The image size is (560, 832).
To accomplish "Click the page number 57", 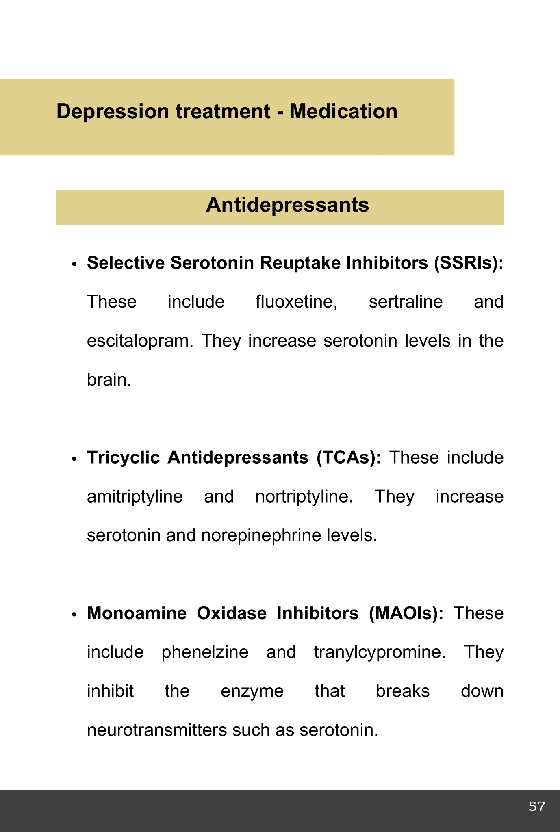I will (536, 806).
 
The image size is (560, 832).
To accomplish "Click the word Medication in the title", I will (343, 111).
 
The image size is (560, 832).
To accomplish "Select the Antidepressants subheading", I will (287, 205).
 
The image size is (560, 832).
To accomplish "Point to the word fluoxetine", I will (296, 302).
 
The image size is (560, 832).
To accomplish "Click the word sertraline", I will (406, 302).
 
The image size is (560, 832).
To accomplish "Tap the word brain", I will (109, 380).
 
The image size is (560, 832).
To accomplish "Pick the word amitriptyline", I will (135, 497).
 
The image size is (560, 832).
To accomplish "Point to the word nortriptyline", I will (304, 497).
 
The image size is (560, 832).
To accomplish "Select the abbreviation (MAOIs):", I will (406, 613).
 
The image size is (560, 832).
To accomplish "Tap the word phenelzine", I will (205, 652).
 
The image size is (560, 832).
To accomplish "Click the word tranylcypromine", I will (380, 652).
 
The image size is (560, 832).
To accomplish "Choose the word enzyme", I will (252, 691).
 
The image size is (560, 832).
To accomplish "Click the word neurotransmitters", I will (157, 730).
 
